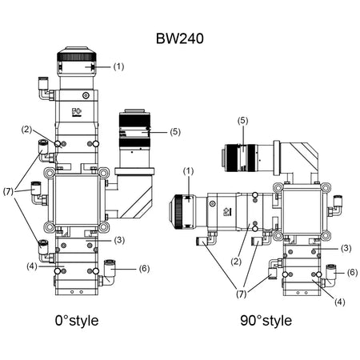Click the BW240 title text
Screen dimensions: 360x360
coord(180,38)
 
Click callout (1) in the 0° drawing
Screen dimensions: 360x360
coord(119,66)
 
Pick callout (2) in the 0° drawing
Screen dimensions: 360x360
coord(26,129)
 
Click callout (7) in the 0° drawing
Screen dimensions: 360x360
coord(8,192)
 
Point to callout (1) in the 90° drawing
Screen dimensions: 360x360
coord(189,170)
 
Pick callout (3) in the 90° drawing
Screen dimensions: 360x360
coord(346,248)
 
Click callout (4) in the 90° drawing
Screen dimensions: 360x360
coord(339,302)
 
